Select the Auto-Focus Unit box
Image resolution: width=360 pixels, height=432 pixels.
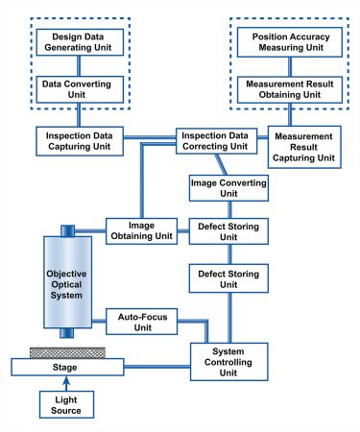(x=141, y=320)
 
